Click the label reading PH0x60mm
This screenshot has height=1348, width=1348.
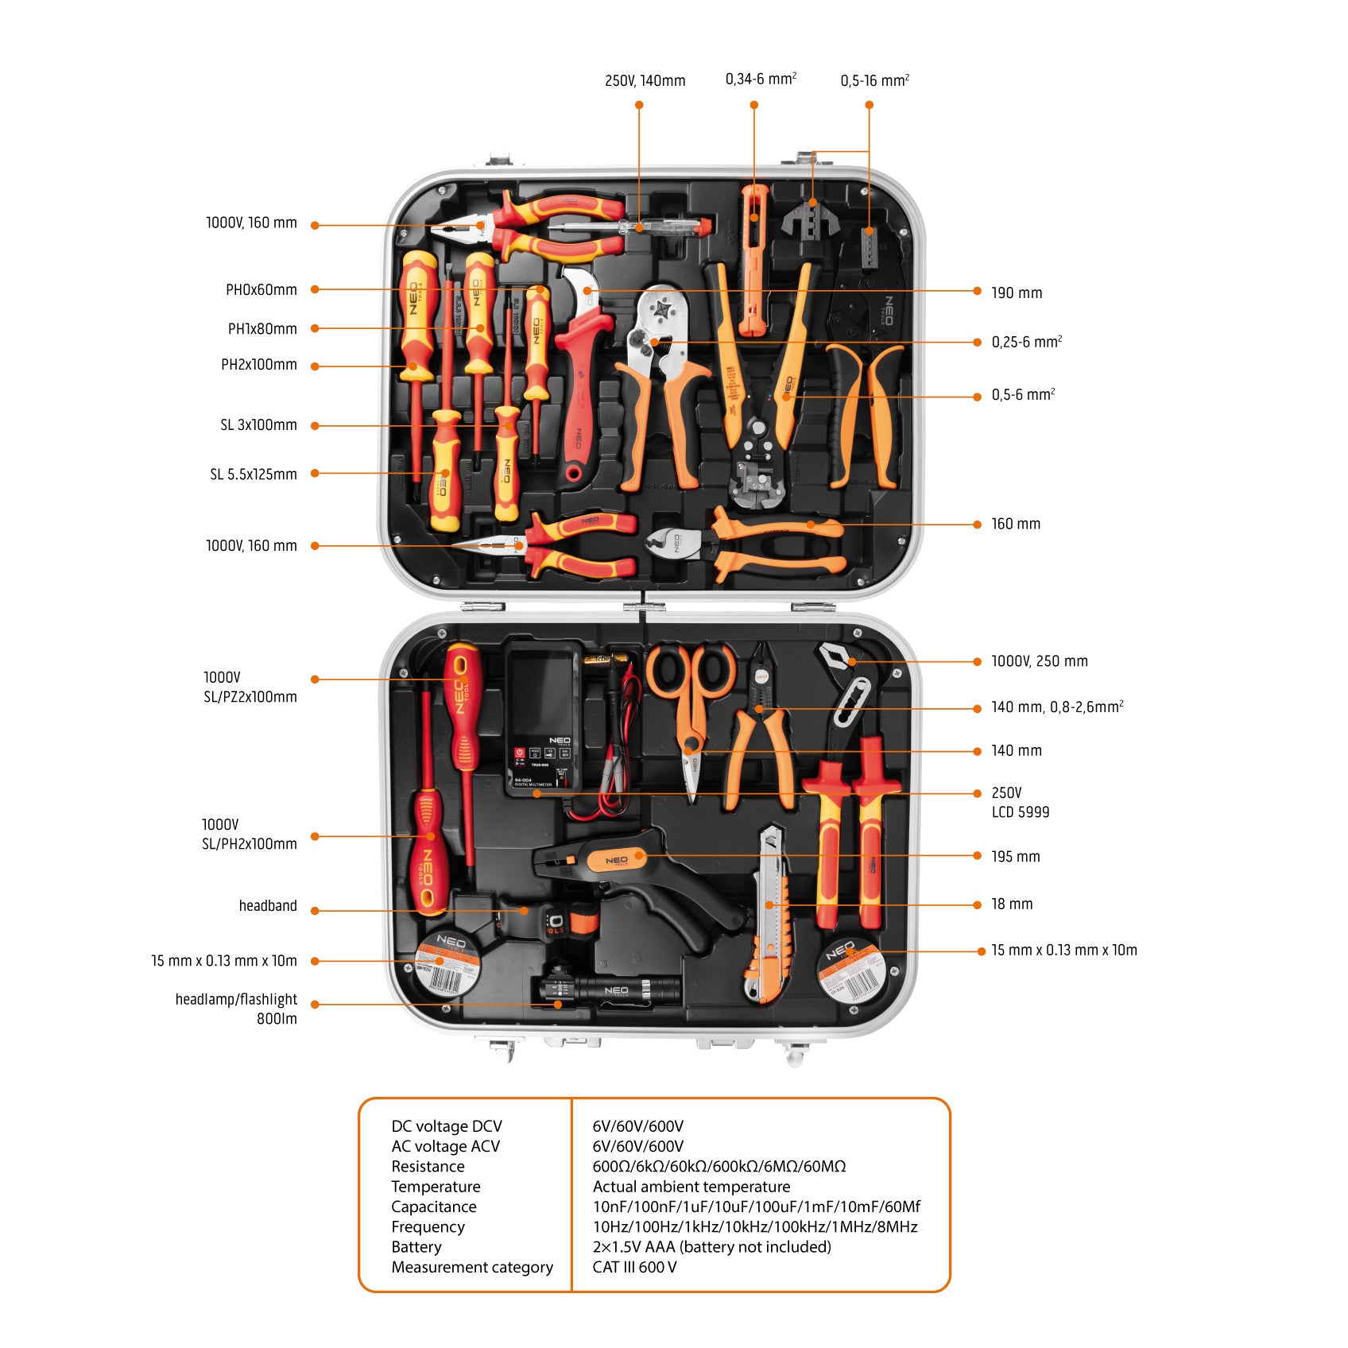261,290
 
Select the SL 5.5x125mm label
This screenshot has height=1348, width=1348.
253,475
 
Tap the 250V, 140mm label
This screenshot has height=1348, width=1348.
645,81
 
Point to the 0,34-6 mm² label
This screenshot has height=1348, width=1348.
760,79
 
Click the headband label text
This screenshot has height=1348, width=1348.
267,906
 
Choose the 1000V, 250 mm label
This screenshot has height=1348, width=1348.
1039,661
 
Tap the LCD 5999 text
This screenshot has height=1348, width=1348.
1020,812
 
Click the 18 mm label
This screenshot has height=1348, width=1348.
1011,904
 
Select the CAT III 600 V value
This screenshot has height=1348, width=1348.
634,1267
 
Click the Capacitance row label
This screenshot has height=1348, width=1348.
433,1207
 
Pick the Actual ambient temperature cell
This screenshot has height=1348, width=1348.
691,1187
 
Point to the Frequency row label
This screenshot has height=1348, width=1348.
428,1226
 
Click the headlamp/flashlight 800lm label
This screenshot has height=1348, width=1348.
236,1009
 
